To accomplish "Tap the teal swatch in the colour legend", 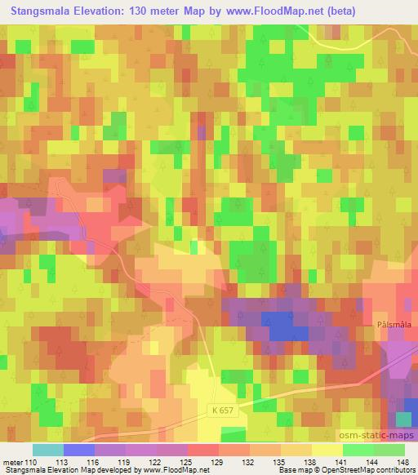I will click(x=47, y=450).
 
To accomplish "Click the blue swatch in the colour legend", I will click(x=78, y=450).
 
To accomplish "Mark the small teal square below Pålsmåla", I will click(x=402, y=419).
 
